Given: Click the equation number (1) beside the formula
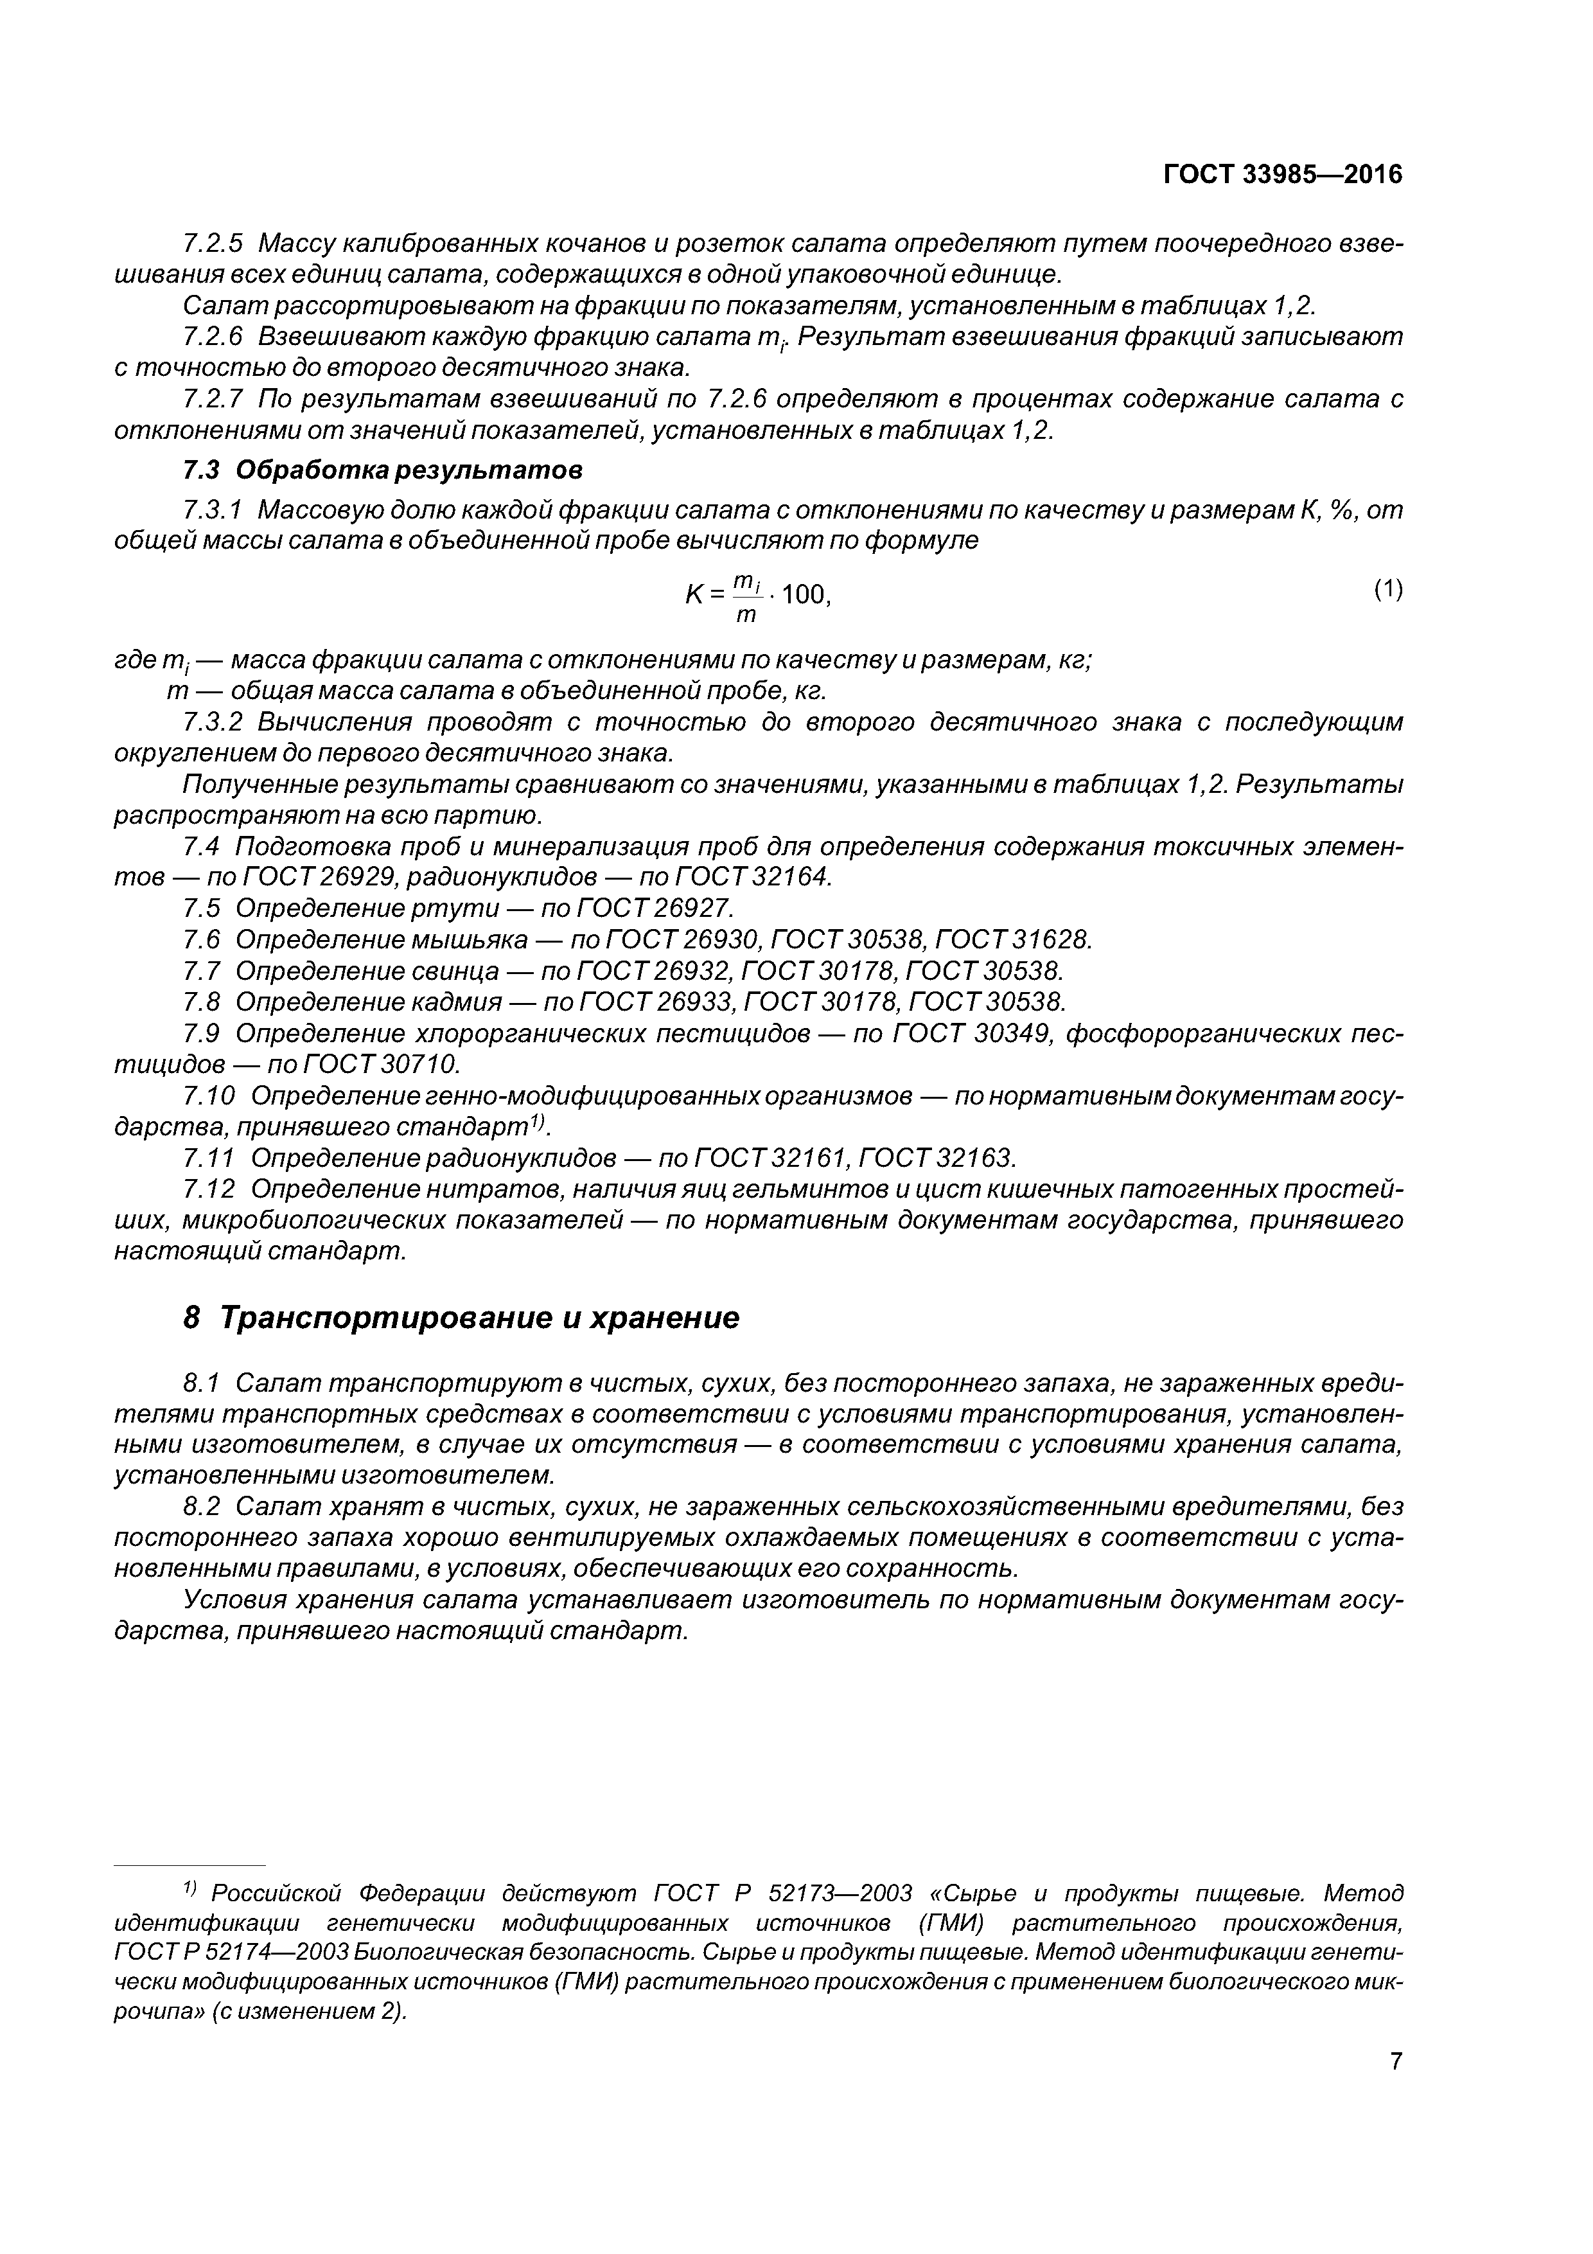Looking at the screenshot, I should pyautogui.click(x=1388, y=589).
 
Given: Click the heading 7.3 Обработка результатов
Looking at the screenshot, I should pyautogui.click(x=383, y=470).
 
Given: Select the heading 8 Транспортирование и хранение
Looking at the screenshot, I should pyautogui.click(x=461, y=1317).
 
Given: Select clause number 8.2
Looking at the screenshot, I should pyautogui.click(x=203, y=1506).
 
